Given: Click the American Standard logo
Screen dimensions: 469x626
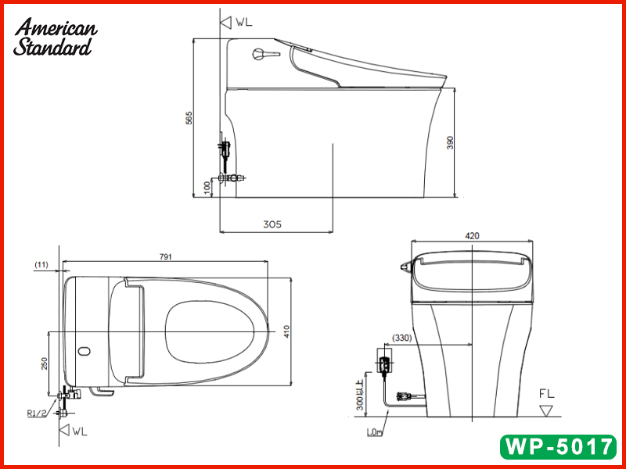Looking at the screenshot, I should [x=55, y=37].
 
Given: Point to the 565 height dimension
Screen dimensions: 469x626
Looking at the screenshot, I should [x=189, y=117].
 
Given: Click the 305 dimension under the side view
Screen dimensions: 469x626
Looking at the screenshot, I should [x=272, y=224].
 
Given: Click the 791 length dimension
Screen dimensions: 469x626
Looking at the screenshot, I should [x=165, y=256].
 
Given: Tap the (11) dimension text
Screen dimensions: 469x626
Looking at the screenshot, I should [x=42, y=265].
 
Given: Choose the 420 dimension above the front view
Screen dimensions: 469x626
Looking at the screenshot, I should [x=471, y=235].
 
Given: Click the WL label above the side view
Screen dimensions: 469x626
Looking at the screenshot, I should [x=240, y=23].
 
